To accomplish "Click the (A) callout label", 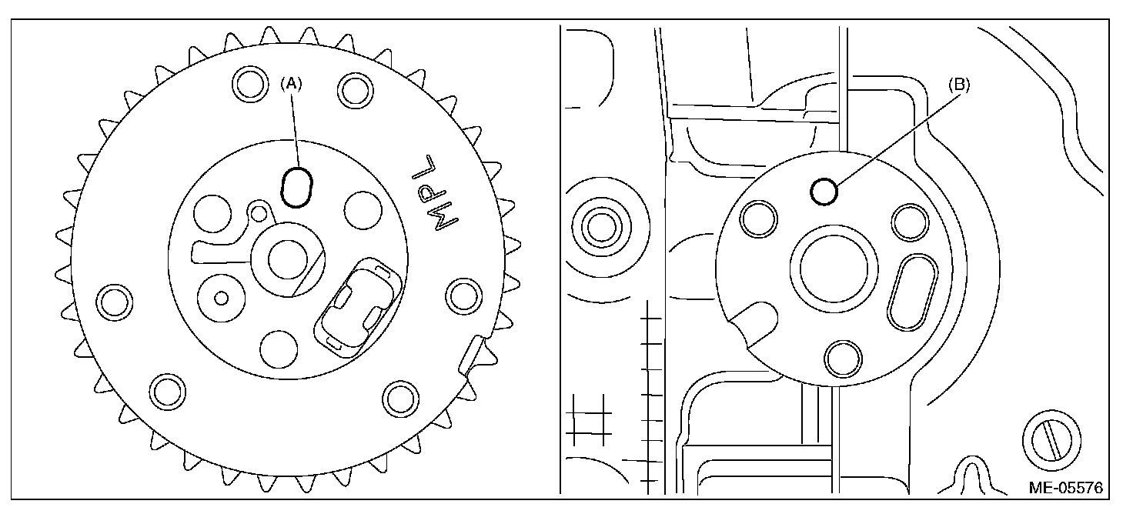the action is (292, 85).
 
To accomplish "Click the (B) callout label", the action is (959, 85).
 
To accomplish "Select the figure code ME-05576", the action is (1066, 487).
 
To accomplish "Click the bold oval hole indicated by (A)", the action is (296, 187).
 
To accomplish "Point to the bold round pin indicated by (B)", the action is (824, 192).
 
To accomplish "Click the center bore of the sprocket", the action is (288, 260).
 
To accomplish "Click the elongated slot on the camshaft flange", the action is (912, 292).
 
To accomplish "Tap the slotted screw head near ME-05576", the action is (1051, 439).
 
